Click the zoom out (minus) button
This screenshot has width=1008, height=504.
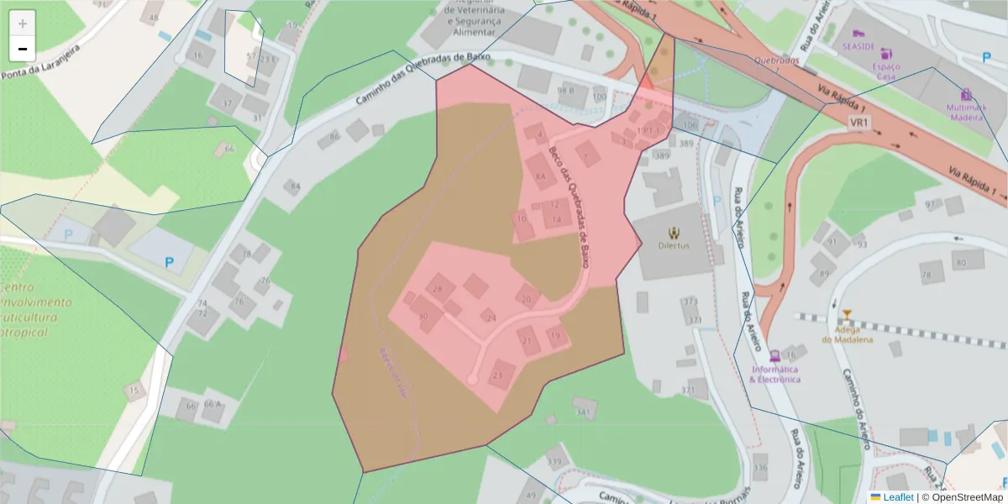(23, 49)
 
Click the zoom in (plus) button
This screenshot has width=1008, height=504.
(23, 24)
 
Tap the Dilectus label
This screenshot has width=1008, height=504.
(674, 245)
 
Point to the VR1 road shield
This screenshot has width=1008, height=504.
(859, 123)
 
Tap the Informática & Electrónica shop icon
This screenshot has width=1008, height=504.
(774, 354)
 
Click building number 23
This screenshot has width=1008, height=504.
(501, 374)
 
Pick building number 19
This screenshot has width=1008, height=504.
(555, 335)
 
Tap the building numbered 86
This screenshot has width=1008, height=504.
(335, 136)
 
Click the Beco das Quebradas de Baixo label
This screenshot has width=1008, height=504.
(570, 205)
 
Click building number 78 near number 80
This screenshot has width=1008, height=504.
(927, 274)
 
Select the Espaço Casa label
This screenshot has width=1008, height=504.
(886, 71)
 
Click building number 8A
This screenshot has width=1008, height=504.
(540, 176)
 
